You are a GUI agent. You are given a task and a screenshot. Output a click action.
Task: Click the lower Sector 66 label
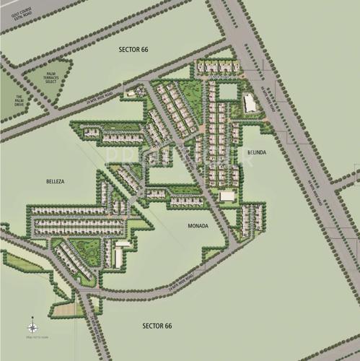tap(157, 326)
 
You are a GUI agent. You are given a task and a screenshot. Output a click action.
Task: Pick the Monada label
tap(198, 226)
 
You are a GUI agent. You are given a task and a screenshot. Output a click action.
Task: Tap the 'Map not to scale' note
tap(35, 337)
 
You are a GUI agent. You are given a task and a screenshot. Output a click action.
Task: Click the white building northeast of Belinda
tap(250, 103)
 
